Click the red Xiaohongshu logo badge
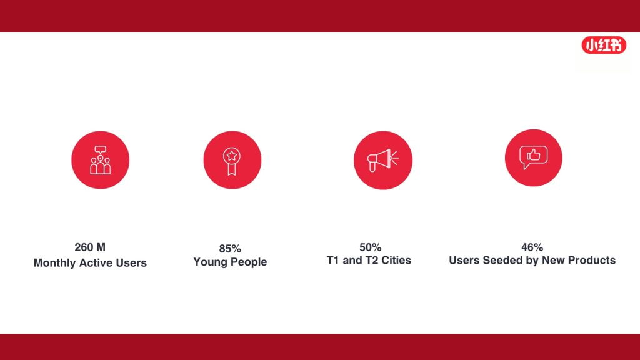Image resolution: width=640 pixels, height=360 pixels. click(x=604, y=45)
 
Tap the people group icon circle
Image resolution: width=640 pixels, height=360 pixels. click(x=101, y=160)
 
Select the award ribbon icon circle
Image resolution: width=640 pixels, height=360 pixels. click(x=232, y=160)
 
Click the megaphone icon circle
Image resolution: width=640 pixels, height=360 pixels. click(x=383, y=160)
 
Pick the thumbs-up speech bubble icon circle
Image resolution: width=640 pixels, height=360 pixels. click(x=534, y=158)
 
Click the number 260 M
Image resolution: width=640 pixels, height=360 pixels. click(x=90, y=247)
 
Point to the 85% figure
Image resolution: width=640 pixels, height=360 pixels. click(x=230, y=249)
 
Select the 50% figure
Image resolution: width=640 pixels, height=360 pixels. click(x=370, y=247)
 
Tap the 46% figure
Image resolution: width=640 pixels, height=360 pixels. click(x=532, y=247)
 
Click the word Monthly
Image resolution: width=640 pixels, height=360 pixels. click(x=55, y=263)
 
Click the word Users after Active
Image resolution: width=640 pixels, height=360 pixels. click(x=131, y=262)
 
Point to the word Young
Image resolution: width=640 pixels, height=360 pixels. click(x=210, y=262)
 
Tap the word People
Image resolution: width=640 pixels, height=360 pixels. click(x=248, y=262)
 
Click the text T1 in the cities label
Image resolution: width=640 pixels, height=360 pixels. click(x=332, y=261)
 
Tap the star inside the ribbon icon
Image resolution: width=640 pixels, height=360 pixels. click(x=231, y=155)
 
